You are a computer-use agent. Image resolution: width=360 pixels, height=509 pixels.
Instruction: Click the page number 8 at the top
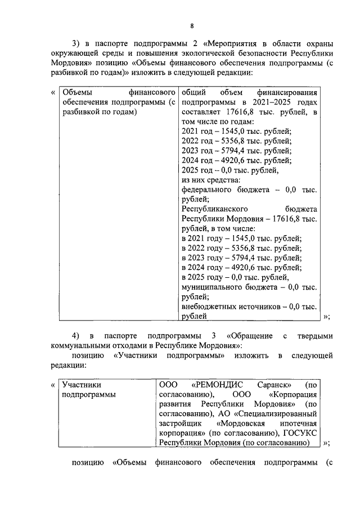coord(191,26)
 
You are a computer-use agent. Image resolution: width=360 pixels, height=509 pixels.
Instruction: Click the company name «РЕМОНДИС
coord(217,385)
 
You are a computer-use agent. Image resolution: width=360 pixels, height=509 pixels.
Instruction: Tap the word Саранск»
coord(273,385)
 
